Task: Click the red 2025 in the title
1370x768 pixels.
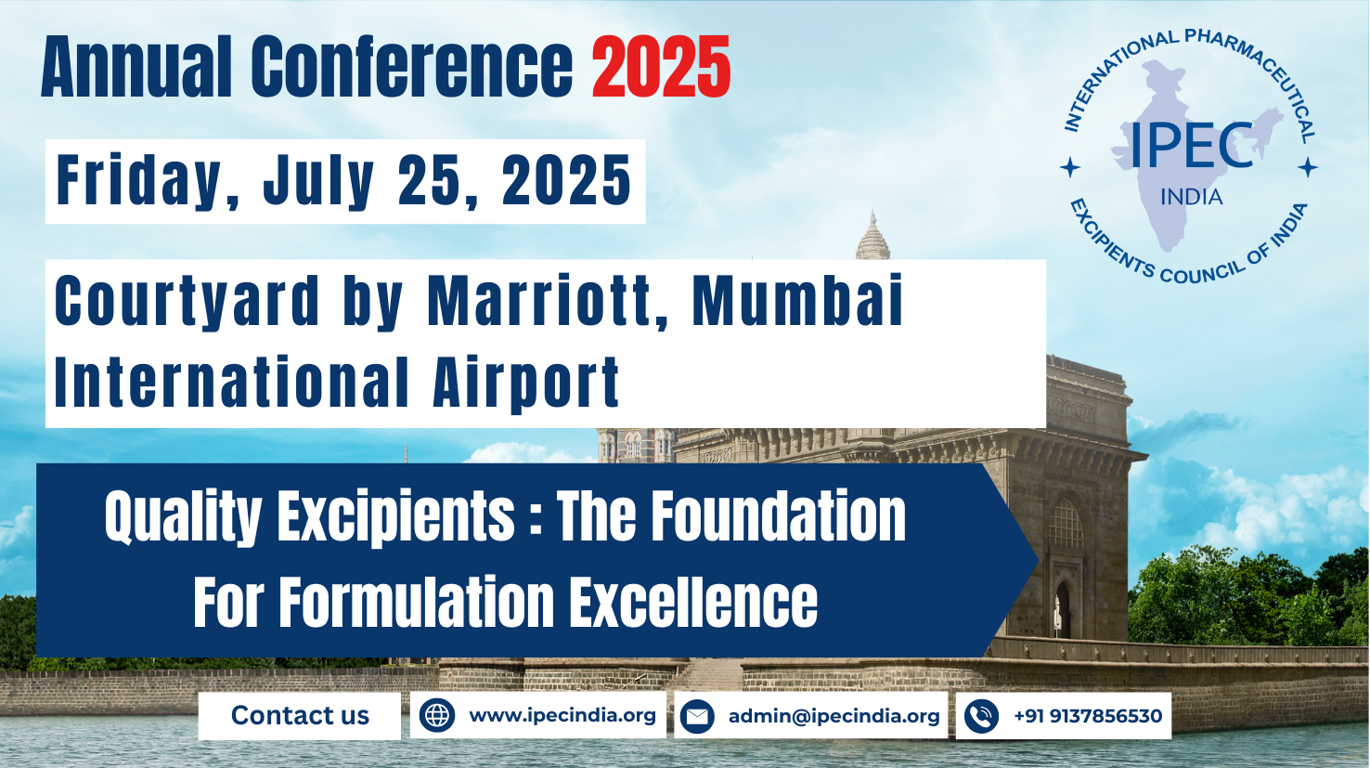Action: coord(661,68)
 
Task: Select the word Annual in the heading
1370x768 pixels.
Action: coord(136,68)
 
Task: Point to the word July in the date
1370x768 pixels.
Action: coord(318,181)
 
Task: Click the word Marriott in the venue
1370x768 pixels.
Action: coord(549,302)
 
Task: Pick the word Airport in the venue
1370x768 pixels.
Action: coord(526,383)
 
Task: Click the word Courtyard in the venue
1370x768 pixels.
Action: coord(187,302)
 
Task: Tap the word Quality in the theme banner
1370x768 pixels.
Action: coord(183,517)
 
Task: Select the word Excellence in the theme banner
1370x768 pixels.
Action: coord(692,602)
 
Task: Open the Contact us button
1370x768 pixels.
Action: coord(300,716)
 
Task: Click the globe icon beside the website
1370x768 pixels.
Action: coord(437,716)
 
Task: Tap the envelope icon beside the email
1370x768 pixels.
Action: coord(697,717)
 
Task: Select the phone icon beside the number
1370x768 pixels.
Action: coord(981,717)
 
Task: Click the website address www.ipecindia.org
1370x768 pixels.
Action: coord(562,716)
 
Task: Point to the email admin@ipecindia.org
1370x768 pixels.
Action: coord(834,716)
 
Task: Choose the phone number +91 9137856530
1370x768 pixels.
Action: coord(1087,716)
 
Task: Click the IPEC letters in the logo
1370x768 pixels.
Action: coord(1191,147)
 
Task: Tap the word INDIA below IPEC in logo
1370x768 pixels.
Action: coord(1191,197)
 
